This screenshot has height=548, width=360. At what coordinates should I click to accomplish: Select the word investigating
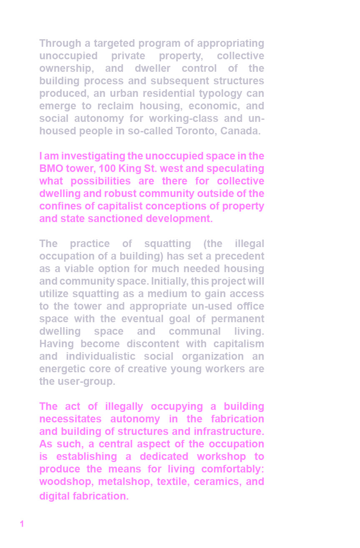93,156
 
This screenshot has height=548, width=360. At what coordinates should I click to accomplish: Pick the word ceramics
216,482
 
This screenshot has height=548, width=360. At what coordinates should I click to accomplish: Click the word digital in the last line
54,496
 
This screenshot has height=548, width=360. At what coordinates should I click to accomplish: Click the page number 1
22,524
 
